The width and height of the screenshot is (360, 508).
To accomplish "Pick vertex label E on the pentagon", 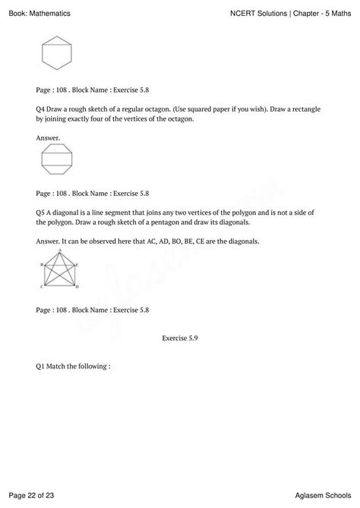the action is pos(77,264).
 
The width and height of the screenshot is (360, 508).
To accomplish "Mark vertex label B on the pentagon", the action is pos(41,264).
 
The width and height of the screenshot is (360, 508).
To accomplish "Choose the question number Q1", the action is pos(41,366).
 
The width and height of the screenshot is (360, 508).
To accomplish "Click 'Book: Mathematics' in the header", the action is pos(34,13).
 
